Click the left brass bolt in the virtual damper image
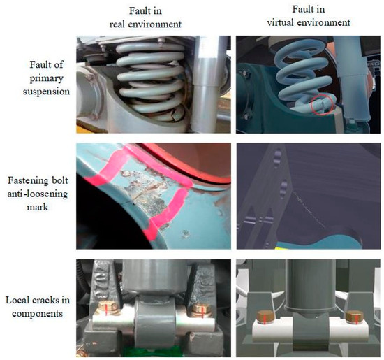[x=266, y=317]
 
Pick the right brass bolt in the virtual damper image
[x=355, y=317]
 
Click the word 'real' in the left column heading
[x=117, y=24]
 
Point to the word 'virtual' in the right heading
[x=280, y=22]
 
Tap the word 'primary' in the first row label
[x=46, y=79]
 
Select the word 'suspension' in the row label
[x=46, y=92]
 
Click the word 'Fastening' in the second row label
[x=28, y=181]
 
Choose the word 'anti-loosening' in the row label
[x=38, y=194]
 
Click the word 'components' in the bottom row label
[x=37, y=314]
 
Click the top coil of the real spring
[x=150, y=48]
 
